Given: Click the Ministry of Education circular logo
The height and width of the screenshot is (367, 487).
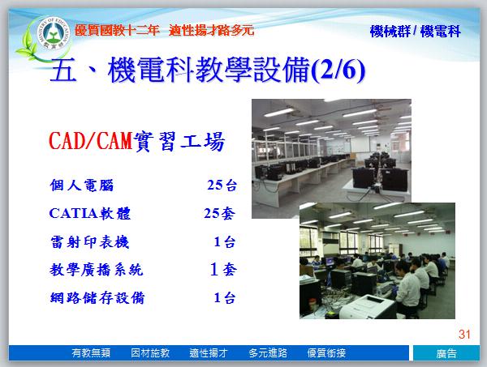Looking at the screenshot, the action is point(53,34).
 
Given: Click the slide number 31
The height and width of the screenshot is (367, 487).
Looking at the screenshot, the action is point(464,334).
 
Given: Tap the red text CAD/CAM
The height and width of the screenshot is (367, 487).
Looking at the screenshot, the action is point(91,141).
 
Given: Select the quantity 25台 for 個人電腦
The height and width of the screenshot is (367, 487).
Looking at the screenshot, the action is point(222,185).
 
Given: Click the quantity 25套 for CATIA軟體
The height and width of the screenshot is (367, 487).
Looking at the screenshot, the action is point(220,213).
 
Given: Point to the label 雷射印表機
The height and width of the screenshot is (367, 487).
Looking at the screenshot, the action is point(89,241).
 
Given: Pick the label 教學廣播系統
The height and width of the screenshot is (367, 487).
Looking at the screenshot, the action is point(97,270).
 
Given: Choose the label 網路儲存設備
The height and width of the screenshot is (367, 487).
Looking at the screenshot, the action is point(97,298).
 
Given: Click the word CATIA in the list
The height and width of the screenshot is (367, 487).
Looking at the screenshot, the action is point(73,214).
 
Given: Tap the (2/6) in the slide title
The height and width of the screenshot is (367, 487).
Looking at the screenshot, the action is point(338,70).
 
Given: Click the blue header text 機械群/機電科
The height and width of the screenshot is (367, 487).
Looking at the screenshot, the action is point(416,32).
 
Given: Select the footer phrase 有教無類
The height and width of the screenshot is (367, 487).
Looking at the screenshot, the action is point(91,352).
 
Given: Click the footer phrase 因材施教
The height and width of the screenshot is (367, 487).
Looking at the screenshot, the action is point(150,352).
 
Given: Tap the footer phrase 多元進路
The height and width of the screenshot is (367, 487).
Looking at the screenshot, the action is point(268,352).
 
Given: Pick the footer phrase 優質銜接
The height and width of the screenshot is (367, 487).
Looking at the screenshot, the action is point(326,352).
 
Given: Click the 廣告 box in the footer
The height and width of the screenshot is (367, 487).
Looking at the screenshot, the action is point(446,353).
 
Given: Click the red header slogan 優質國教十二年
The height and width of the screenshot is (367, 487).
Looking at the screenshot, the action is point(117,30).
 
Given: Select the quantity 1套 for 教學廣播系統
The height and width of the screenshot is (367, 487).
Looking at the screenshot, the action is point(223,269).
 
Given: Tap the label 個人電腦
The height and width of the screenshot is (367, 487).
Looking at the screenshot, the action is point(82,185).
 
